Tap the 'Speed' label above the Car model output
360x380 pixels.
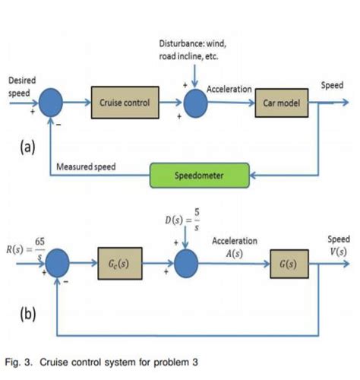(332, 86)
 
